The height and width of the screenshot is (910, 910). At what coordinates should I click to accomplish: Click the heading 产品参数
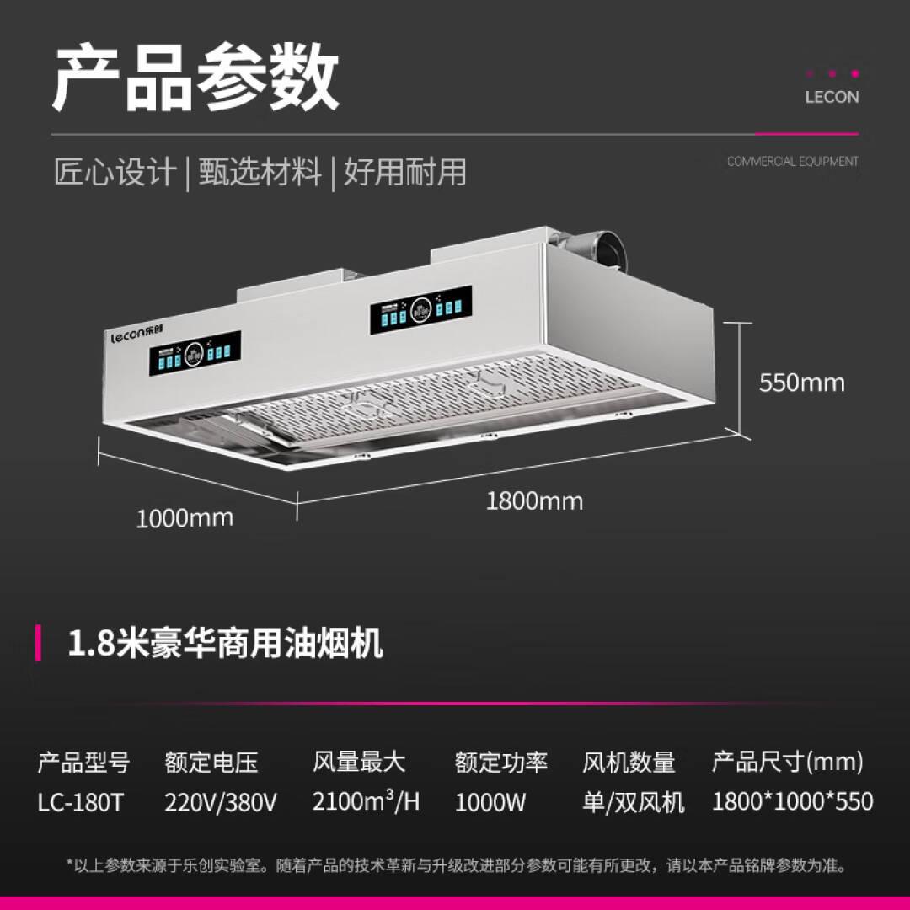coord(195,79)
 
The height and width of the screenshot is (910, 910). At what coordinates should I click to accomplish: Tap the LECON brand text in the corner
coord(832,97)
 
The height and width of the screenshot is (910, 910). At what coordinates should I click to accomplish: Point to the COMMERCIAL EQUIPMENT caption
coord(793,161)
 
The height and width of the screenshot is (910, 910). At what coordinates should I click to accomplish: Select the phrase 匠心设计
coord(115,172)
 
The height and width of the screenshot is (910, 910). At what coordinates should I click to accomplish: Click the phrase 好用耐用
coord(404,172)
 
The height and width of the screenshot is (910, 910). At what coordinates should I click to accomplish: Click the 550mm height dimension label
coord(801,383)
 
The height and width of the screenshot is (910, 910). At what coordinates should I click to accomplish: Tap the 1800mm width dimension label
coord(534,501)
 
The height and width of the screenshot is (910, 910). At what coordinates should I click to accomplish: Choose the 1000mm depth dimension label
coord(185,517)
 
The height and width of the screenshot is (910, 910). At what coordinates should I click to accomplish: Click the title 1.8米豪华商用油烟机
coord(225,644)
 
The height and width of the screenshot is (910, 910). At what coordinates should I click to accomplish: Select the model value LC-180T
coord(80,801)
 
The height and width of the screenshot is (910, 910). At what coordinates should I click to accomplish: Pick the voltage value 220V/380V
coord(221,801)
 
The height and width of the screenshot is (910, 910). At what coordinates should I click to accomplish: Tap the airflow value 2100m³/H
coord(366,800)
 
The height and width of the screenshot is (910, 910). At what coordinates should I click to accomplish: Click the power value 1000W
coord(490,801)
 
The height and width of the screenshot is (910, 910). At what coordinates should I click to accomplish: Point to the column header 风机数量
coord(629,763)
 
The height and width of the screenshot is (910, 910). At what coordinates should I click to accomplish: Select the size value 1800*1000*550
coord(792,801)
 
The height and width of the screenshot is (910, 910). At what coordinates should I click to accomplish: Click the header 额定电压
coord(211,763)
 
